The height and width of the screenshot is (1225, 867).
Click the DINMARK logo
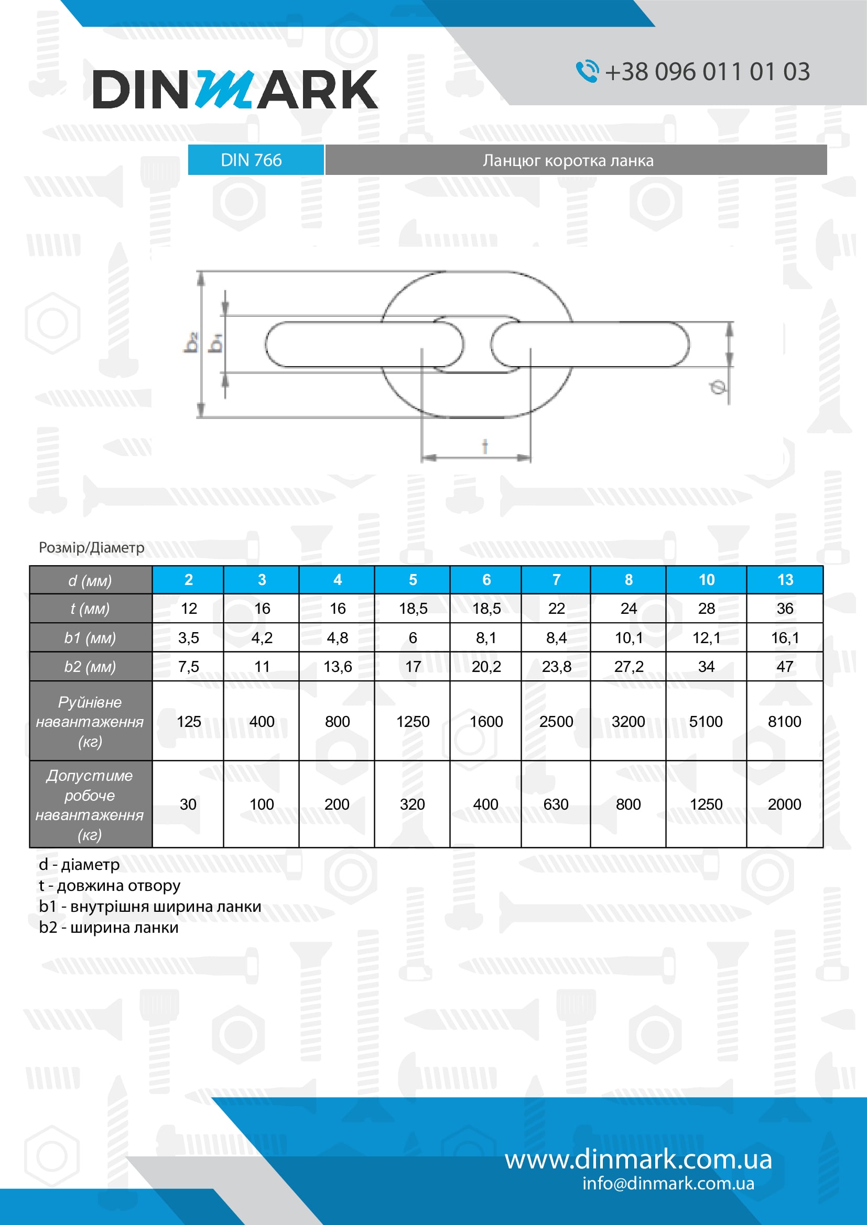pyautogui.click(x=235, y=89)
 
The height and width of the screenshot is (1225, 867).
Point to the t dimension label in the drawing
pyautogui.click(x=485, y=446)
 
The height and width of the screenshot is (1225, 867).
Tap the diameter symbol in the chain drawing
pyautogui.click(x=718, y=387)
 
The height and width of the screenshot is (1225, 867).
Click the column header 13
pyautogui.click(x=784, y=580)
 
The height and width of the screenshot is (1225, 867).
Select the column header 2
pyautogui.click(x=189, y=580)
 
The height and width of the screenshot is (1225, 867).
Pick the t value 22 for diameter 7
pyautogui.click(x=556, y=608)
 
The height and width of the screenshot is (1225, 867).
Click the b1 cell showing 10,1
pyautogui.click(x=628, y=637)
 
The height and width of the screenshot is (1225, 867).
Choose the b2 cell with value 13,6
pyautogui.click(x=338, y=666)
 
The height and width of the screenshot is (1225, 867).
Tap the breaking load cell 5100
pyautogui.click(x=705, y=721)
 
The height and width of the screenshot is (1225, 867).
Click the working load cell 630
pyautogui.click(x=556, y=804)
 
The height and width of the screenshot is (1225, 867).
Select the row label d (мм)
pyautogui.click(x=90, y=580)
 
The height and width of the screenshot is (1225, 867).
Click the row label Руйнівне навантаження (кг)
pyautogui.click(x=90, y=721)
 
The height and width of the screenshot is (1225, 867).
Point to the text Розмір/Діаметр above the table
pyautogui.click(x=91, y=547)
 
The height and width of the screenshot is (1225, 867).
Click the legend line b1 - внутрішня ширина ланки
pyautogui.click(x=150, y=907)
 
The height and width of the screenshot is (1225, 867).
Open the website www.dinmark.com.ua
pyautogui.click(x=638, y=1160)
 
